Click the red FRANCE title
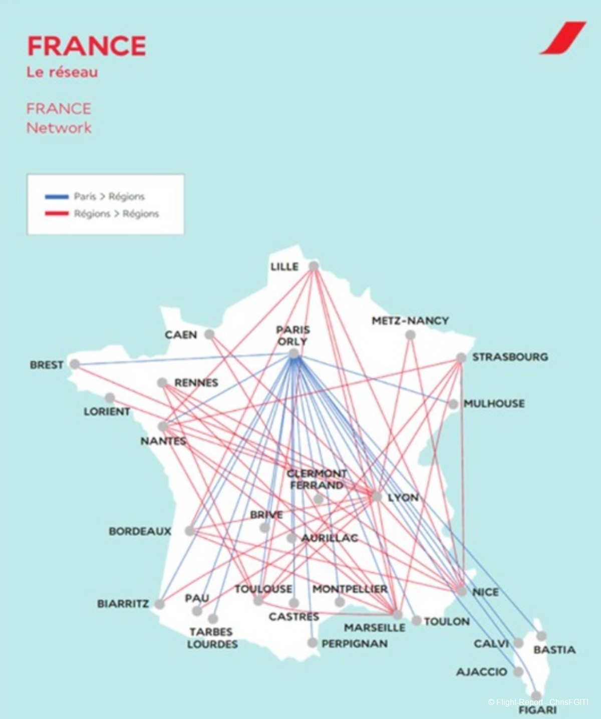[86, 46]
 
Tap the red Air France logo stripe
[562, 38]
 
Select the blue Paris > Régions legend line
[57, 196]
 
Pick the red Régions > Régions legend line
[57, 214]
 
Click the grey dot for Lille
[314, 266]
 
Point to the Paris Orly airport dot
[294, 354]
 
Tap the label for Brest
[47, 365]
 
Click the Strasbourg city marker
[461, 357]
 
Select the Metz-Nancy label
[410, 320]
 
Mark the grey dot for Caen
[209, 334]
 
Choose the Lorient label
[107, 412]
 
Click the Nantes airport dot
[163, 427]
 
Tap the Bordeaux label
[140, 531]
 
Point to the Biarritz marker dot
[160, 604]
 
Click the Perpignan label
[355, 643]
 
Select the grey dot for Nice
[462, 591]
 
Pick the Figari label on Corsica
[537, 710]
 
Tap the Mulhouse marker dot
[453, 404]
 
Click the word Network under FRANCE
[59, 128]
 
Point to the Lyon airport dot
[377, 497]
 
